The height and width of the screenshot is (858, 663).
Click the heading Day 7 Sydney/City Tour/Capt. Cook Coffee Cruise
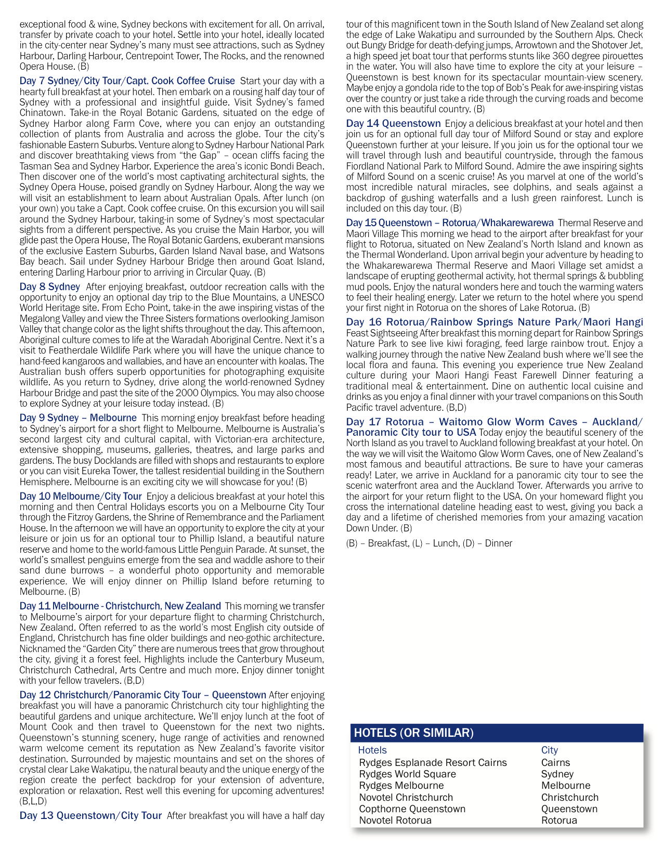[127, 81]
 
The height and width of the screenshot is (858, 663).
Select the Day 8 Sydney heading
[50, 287]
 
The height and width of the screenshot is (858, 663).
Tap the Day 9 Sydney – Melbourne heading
[78, 418]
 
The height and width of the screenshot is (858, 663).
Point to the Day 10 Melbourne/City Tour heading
[81, 496]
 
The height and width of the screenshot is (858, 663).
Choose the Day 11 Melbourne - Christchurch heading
[120, 606]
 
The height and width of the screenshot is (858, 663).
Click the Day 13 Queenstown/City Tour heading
[90, 815]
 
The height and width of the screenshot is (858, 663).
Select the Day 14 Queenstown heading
[393, 123]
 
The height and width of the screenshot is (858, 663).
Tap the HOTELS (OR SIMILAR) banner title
[413, 733]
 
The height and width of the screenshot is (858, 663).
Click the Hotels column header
[372, 750]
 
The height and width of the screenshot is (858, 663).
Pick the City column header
[549, 750]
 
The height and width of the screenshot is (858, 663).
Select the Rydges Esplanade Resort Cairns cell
[433, 762]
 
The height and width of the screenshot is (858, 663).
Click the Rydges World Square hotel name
[407, 774]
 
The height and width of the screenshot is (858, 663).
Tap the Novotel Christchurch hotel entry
[406, 797]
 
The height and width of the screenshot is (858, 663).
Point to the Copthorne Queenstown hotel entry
[412, 809]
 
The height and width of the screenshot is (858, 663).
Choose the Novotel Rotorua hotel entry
[395, 820]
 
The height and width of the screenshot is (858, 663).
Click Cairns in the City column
[555, 762]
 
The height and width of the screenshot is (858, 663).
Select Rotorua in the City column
[559, 820]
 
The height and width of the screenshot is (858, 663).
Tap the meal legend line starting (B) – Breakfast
[429, 543]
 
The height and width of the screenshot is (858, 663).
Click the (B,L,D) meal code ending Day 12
[33, 801]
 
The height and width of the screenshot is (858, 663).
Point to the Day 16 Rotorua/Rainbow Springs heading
[494, 322]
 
